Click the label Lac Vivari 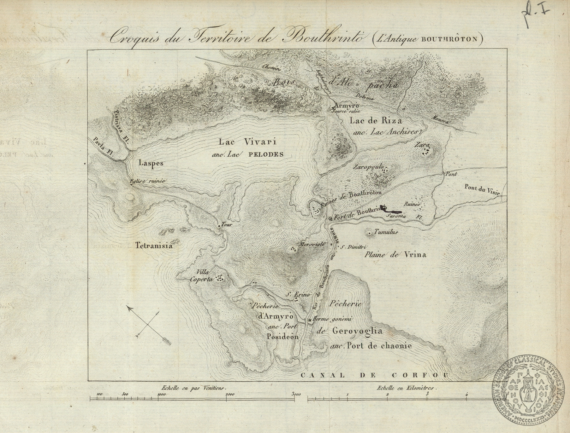(248, 142)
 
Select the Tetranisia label (154, 245)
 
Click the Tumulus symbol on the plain (369, 233)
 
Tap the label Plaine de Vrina (395, 255)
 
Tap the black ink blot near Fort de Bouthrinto (391, 210)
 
